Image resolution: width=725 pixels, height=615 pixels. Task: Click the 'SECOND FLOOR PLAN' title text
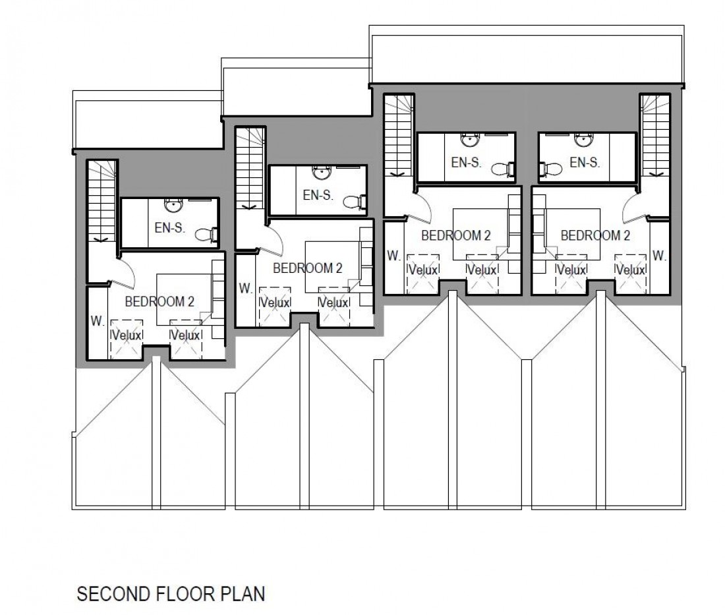(171, 595)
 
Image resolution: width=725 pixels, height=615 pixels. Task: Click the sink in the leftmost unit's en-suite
(173, 204)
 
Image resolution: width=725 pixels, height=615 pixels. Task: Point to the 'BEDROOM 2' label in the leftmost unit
(159, 301)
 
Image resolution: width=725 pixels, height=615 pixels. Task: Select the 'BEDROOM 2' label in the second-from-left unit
(307, 268)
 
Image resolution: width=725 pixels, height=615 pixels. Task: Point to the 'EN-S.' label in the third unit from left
(467, 162)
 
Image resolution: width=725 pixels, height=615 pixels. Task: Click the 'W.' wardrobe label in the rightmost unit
(658, 255)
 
